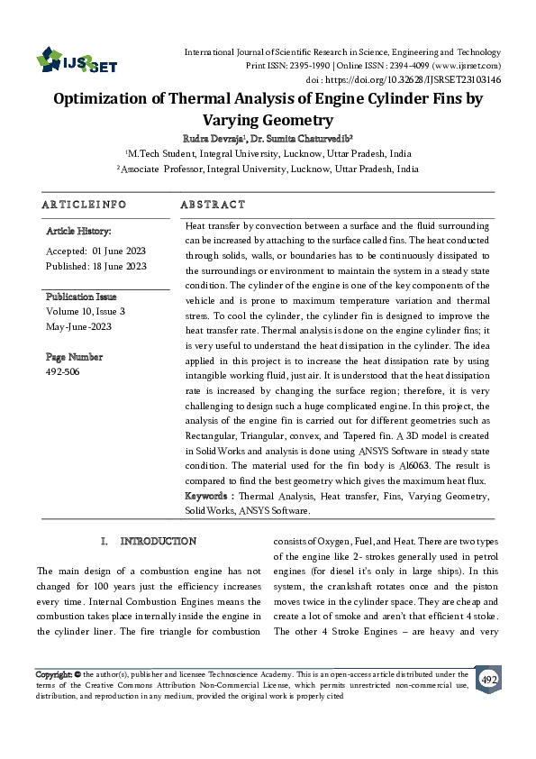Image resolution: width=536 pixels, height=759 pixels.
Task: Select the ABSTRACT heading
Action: tap(213, 205)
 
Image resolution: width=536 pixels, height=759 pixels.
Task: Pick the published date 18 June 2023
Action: tap(122, 266)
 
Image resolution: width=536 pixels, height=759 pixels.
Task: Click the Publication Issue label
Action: tap(81, 297)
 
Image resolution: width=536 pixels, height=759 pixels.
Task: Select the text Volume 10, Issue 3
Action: tap(86, 311)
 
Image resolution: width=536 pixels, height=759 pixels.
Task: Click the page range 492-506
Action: tap(62, 370)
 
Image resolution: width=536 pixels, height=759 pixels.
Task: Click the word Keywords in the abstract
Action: tap(208, 497)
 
